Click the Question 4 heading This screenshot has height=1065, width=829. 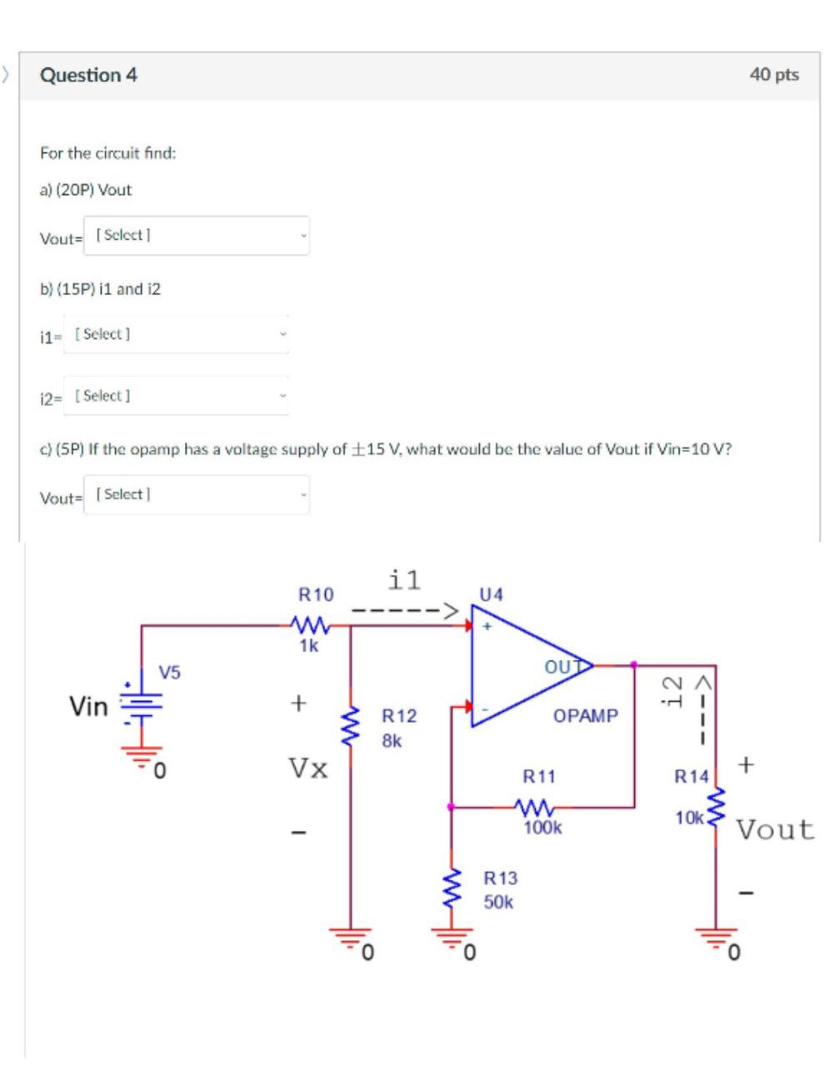88,75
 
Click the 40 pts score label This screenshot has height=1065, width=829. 773,75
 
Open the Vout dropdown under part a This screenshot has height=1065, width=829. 197,236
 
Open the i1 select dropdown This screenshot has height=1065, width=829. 177,334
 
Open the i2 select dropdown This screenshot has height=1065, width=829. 177,396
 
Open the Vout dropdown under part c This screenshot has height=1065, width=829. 197,495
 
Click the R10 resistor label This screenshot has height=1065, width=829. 315,595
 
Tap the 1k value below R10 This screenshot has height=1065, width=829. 308,646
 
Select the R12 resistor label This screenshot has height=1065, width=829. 398,716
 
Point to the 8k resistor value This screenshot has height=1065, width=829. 392,740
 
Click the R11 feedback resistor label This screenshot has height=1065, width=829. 538,777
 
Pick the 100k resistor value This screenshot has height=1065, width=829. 542,828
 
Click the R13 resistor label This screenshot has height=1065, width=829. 500,878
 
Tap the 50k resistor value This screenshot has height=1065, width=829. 498,902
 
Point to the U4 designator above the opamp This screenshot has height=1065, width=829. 492,595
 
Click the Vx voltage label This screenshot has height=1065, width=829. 307,767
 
